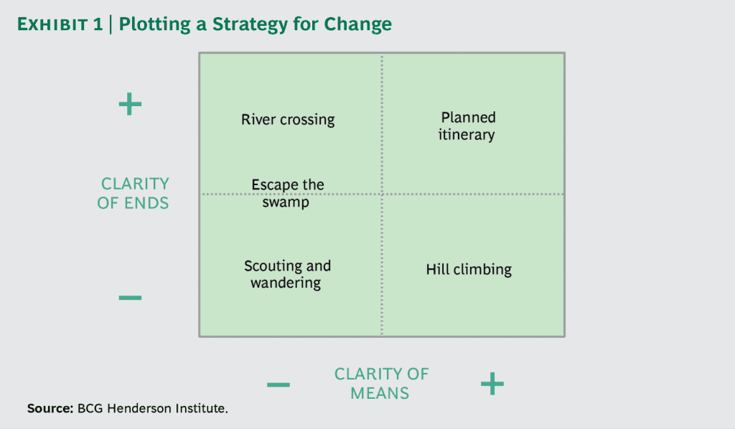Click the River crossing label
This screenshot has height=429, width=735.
(288, 120)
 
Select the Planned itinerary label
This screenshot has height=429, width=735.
(467, 126)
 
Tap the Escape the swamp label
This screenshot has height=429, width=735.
(287, 194)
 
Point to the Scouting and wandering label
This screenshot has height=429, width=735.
(287, 274)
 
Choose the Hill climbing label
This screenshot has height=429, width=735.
(469, 270)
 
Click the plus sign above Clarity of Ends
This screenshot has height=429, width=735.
(130, 105)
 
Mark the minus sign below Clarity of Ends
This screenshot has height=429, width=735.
(130, 297)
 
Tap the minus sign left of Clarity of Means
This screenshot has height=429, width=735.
(278, 385)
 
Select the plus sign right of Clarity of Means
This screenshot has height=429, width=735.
(492, 385)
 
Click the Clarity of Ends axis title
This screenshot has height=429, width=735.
(134, 194)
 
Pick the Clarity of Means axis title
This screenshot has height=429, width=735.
(381, 384)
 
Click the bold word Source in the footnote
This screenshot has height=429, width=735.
(50, 408)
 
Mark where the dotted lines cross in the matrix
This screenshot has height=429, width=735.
(382, 194)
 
